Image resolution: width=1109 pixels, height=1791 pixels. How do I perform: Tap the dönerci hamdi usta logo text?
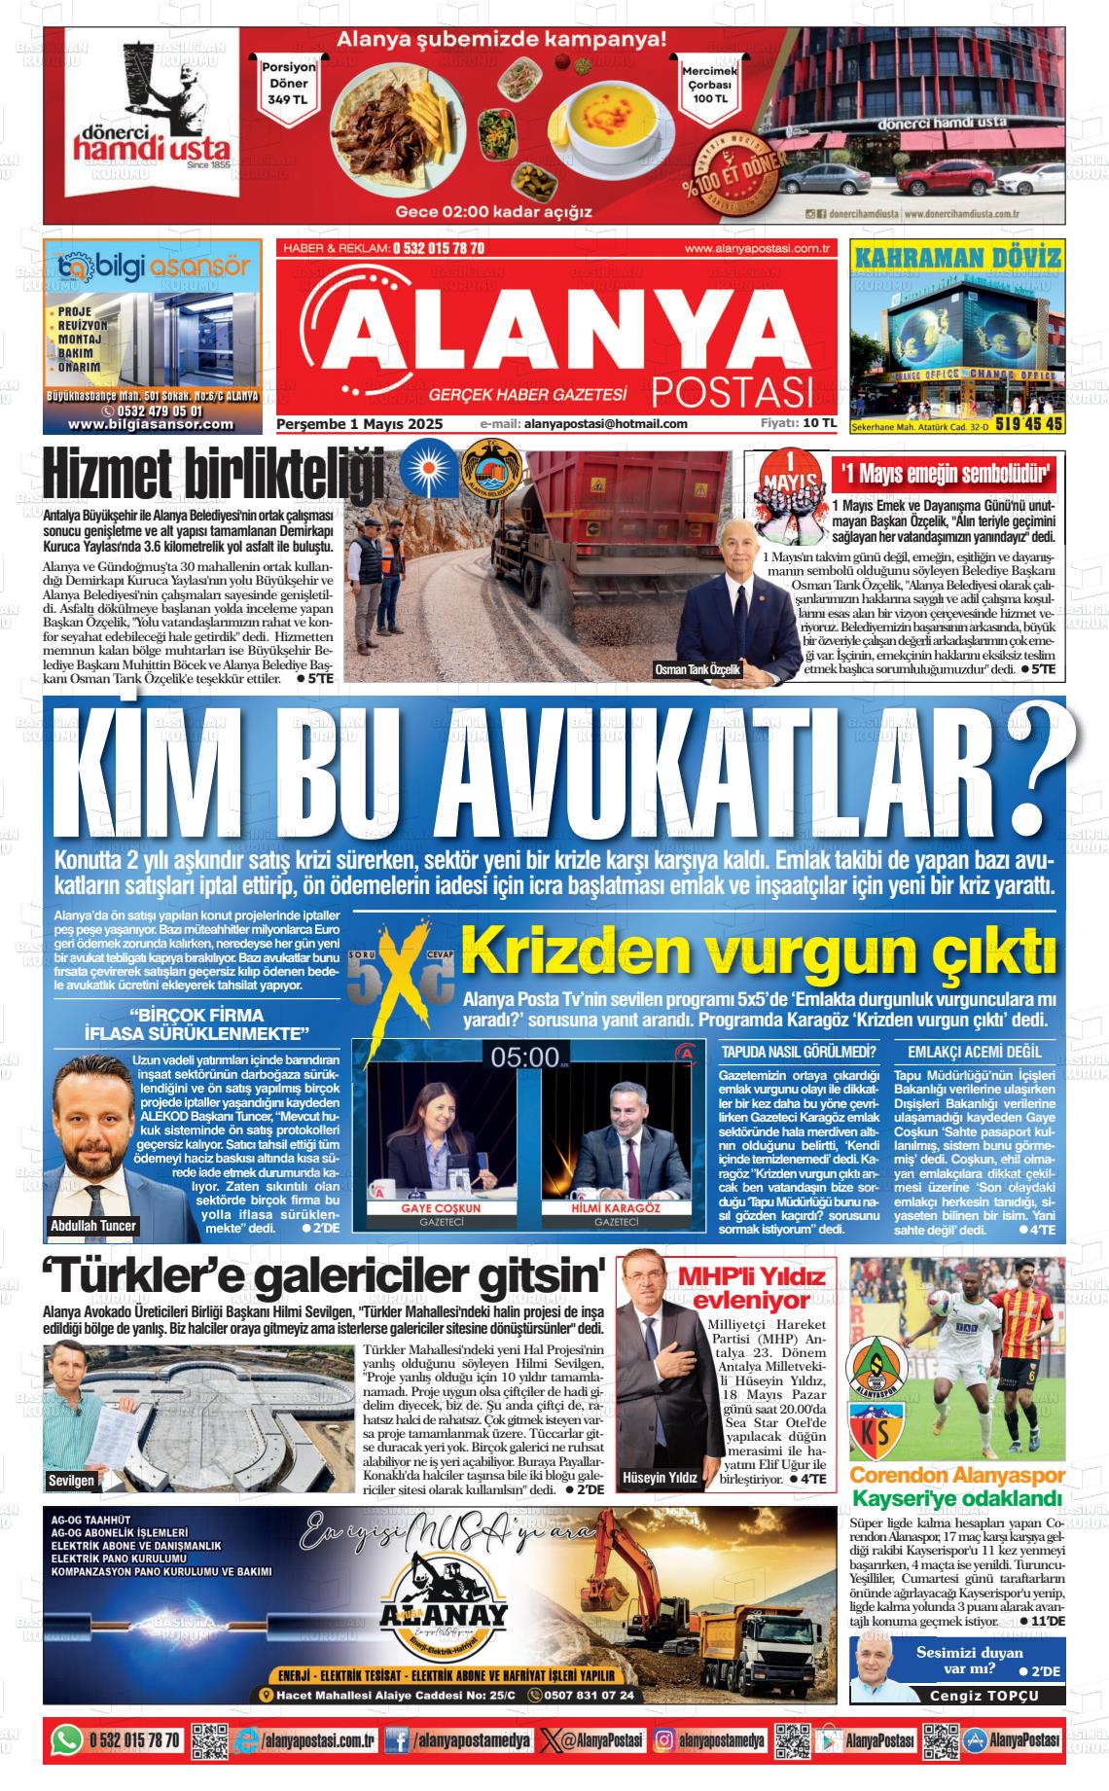154,145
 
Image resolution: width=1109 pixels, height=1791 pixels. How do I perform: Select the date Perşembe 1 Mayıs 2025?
360,424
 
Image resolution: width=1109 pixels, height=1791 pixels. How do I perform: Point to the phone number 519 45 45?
1028,424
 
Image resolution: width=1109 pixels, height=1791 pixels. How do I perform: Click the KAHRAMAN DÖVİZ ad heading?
957,259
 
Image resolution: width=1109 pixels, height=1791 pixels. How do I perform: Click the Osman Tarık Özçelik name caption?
698,670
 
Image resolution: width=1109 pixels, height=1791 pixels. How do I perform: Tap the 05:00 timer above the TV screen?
524,1057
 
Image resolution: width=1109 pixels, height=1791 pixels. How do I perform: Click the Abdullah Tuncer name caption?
93,1225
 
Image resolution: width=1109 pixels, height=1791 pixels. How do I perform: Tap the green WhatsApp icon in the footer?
67,1739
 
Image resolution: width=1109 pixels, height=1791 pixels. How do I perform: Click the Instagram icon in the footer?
663,1739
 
